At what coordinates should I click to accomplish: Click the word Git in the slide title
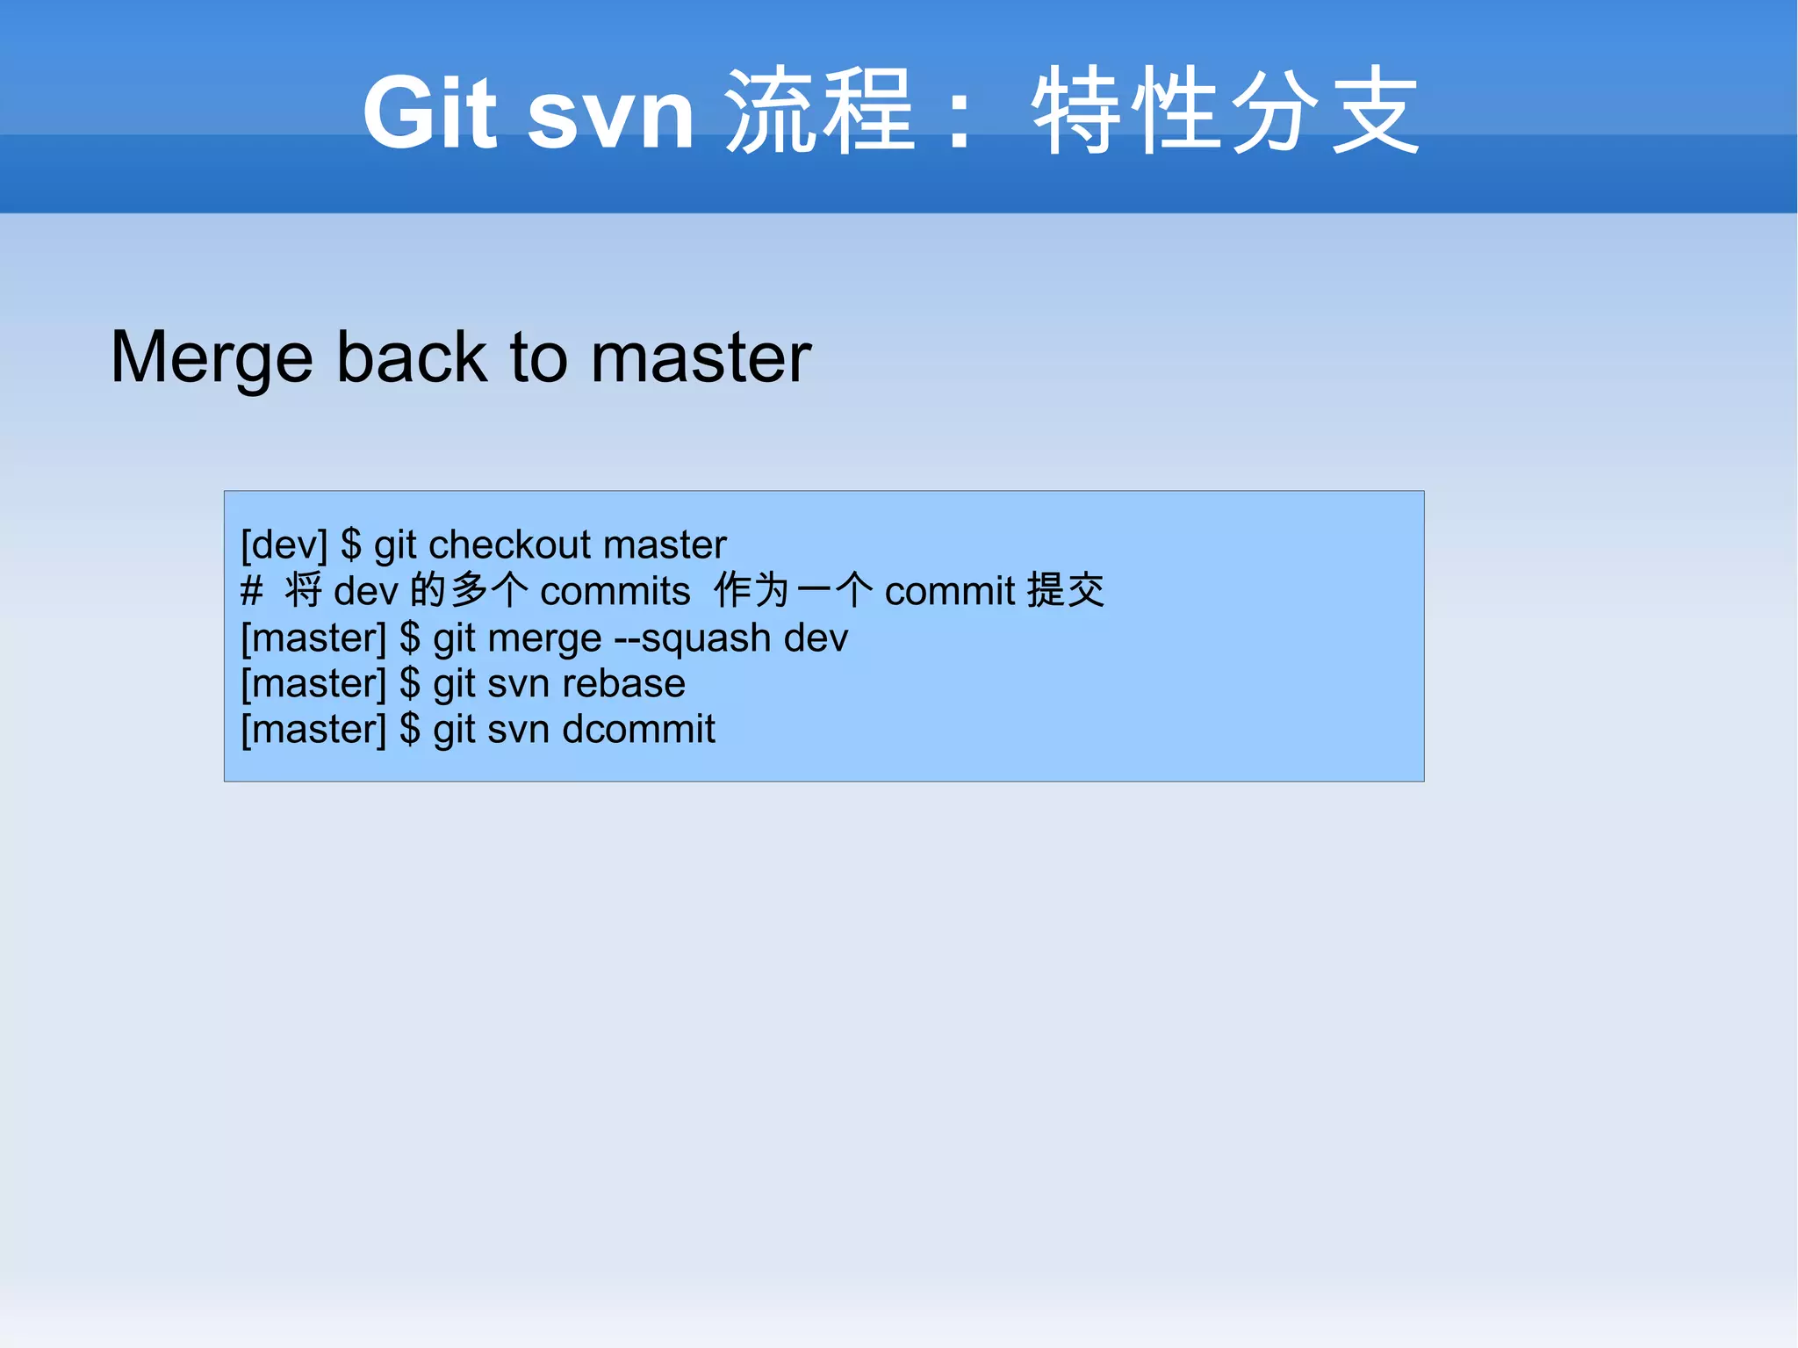429,112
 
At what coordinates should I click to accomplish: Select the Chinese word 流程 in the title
821,112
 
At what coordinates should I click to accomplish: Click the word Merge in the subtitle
212,358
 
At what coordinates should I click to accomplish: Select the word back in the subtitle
411,357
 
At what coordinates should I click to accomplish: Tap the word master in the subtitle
701,358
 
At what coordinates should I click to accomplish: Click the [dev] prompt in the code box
284,545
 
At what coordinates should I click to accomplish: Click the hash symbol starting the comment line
251,591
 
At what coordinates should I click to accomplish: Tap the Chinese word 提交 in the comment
1066,590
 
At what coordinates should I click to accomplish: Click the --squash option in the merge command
692,638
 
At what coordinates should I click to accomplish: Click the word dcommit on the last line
638,730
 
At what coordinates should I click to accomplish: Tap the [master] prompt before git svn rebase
313,684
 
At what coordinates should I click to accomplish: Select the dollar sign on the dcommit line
410,730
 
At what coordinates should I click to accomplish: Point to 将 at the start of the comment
303,590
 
